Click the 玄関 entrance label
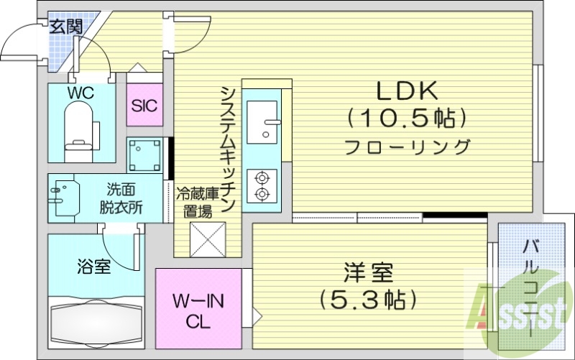coord(65,27)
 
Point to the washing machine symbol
coord(147,154)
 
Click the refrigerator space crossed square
coord(207,239)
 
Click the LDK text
coord(408,91)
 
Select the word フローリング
coord(407,148)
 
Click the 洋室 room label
coord(367,273)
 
